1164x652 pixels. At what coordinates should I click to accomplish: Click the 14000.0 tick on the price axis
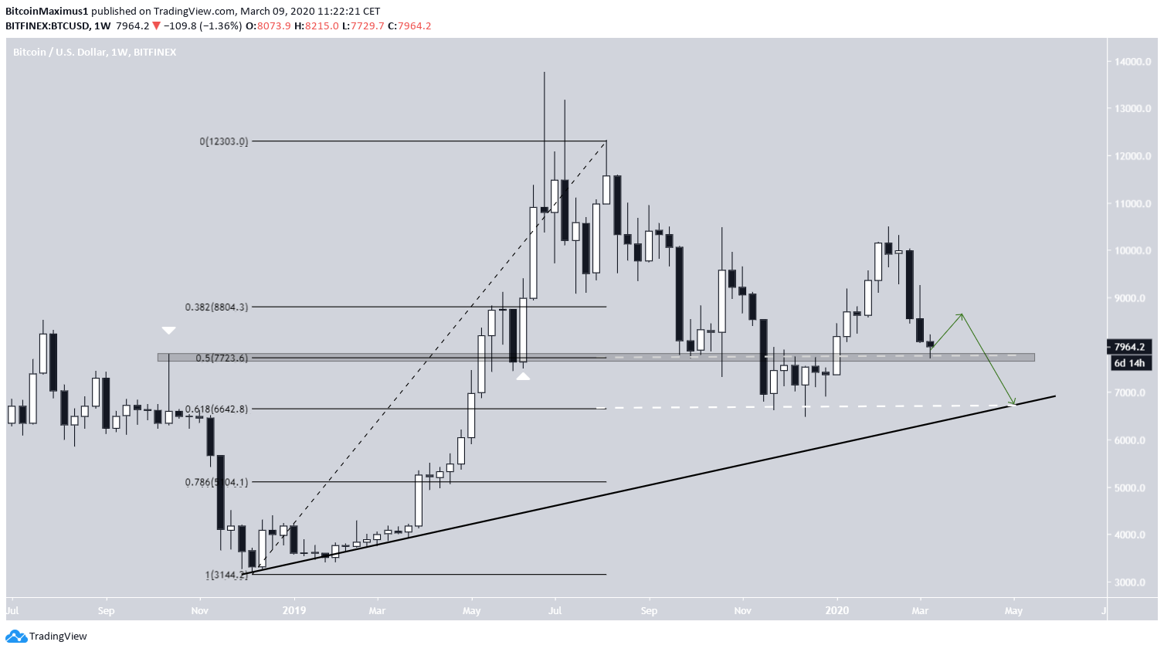tap(1132, 62)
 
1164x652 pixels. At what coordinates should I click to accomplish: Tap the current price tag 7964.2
tap(1129, 347)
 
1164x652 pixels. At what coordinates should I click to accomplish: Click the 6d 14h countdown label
tap(1129, 363)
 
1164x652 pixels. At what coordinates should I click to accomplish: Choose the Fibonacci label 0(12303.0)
tap(224, 141)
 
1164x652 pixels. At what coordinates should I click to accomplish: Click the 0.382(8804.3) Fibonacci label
tap(216, 307)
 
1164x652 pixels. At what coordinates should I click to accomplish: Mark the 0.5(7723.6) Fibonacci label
tap(222, 358)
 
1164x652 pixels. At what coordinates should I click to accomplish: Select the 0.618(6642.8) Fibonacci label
tap(216, 409)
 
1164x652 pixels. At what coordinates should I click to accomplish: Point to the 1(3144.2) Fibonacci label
tap(226, 575)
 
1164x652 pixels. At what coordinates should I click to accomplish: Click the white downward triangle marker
tap(168, 331)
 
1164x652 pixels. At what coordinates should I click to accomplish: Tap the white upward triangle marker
tap(523, 376)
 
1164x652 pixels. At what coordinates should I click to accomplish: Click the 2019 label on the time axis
tap(294, 610)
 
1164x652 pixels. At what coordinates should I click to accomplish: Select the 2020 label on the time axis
tap(837, 610)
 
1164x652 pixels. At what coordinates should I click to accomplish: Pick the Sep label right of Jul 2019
tap(649, 610)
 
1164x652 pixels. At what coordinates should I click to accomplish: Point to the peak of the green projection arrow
tap(962, 314)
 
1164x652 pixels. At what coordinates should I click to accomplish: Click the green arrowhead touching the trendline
tap(1013, 403)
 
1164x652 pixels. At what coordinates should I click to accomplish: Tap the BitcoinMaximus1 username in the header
tap(47, 12)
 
